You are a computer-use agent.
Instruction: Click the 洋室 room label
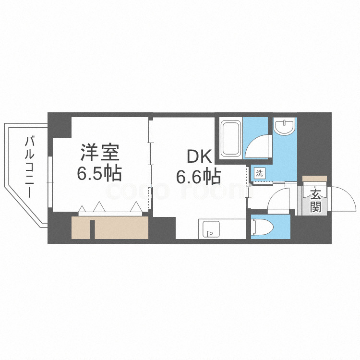coord(100,152)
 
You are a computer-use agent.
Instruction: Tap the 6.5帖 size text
coord(100,172)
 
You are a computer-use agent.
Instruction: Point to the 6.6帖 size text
coord(198,177)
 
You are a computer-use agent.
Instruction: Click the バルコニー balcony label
coord(30,167)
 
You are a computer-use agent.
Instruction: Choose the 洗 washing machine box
coord(259,173)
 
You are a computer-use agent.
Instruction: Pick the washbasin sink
coord(285,127)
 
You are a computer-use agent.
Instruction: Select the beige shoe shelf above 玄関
coord(314,179)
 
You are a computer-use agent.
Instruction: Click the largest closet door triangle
coord(99,207)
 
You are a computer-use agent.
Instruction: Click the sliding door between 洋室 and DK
coord(150,163)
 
